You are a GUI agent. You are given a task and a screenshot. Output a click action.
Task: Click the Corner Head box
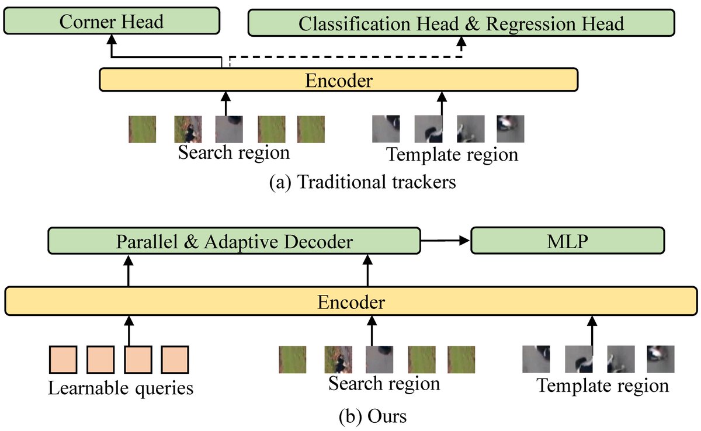pyautogui.click(x=112, y=23)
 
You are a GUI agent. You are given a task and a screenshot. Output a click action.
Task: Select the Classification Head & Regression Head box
pyautogui.click(x=461, y=23)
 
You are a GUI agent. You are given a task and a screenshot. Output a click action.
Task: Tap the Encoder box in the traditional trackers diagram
pyautogui.click(x=338, y=79)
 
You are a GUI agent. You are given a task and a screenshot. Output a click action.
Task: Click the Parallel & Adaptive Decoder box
pyautogui.click(x=234, y=241)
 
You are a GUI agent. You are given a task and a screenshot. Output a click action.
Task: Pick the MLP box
pyautogui.click(x=568, y=241)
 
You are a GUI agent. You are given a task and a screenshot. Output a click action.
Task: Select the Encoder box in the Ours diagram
pyautogui.click(x=350, y=301)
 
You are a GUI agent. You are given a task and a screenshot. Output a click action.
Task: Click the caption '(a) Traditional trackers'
pyautogui.click(x=362, y=182)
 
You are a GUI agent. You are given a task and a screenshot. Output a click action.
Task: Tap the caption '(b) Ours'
pyautogui.click(x=372, y=417)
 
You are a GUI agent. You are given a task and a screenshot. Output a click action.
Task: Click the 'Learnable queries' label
pyautogui.click(x=120, y=387)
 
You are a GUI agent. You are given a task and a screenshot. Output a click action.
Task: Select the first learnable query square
pyautogui.click(x=63, y=360)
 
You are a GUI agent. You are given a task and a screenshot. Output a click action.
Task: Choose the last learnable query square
pyautogui.click(x=175, y=360)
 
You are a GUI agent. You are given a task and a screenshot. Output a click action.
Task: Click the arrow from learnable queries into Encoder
pyautogui.click(x=129, y=330)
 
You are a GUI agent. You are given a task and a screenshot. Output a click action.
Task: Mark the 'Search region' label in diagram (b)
pyautogui.click(x=384, y=384)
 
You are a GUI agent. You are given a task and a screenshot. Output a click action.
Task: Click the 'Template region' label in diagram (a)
pyautogui.click(x=452, y=155)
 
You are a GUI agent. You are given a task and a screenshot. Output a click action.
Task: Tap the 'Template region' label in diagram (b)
pyautogui.click(x=602, y=385)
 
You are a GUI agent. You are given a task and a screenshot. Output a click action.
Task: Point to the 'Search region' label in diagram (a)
pyautogui.click(x=234, y=153)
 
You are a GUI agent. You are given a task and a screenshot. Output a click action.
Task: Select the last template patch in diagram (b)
pyautogui.click(x=661, y=359)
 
